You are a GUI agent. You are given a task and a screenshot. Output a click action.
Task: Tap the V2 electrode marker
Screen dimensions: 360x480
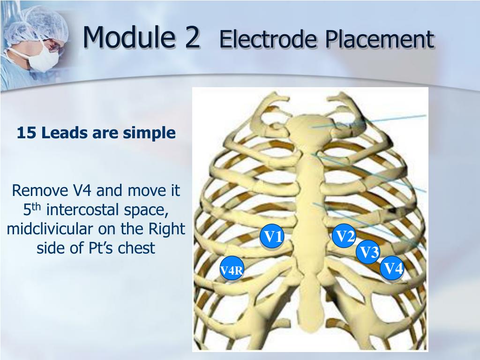pos(345,237)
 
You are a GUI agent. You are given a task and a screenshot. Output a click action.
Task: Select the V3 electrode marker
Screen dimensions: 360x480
pos(368,253)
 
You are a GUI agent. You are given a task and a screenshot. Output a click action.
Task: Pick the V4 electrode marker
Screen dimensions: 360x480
pos(392,269)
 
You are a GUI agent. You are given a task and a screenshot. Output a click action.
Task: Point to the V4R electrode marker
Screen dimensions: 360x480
pos(232,270)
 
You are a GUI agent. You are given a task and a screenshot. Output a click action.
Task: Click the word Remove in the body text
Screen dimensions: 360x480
pos(41,191)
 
